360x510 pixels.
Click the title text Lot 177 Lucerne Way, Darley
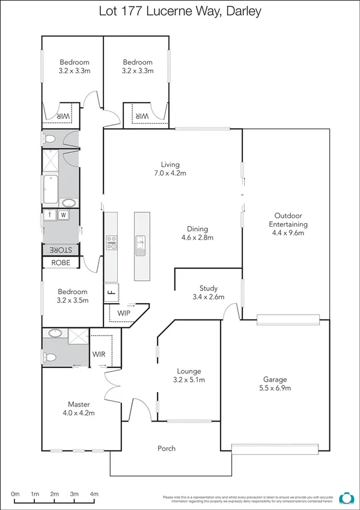point(180,11)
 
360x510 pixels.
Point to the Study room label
point(209,288)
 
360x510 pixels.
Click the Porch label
point(166,448)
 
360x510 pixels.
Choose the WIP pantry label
point(124,313)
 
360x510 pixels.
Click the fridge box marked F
point(111,293)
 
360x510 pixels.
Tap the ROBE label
point(61,263)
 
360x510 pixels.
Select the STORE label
point(61,250)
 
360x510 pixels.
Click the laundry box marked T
point(49,215)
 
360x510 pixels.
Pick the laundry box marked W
point(63,215)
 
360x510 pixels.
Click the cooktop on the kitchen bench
point(111,242)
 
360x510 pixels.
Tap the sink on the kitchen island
point(140,245)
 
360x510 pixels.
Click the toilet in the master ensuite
point(51,357)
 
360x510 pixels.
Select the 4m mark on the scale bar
point(94,494)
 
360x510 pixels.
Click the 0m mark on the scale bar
point(15,494)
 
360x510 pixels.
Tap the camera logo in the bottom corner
point(346,498)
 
